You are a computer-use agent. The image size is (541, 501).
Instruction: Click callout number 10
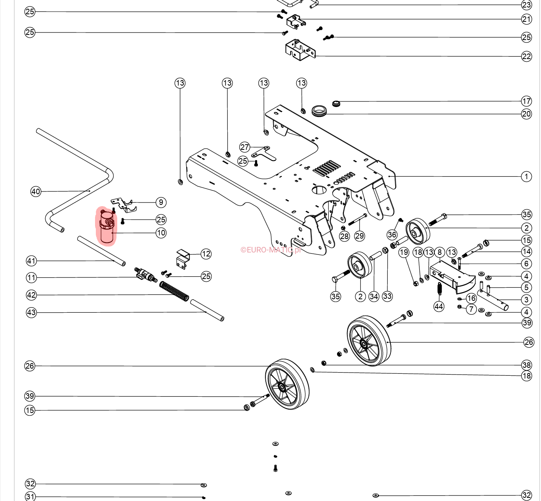[161, 233]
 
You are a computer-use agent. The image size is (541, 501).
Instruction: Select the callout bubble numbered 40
[36, 191]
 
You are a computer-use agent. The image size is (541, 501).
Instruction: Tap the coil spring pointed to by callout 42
[174, 291]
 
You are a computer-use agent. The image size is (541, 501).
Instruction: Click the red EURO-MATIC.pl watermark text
[270, 250]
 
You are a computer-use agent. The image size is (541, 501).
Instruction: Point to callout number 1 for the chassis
[526, 176]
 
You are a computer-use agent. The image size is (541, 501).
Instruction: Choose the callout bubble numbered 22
[526, 56]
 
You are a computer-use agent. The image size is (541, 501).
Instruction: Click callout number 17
[526, 101]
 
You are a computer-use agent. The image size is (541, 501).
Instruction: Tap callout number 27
[245, 147]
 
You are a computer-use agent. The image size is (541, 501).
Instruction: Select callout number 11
[32, 277]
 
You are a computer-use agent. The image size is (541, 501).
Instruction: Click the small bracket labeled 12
[183, 258]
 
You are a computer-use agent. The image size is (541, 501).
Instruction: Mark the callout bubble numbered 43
[31, 312]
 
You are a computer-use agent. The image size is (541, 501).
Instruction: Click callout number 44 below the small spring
[439, 306]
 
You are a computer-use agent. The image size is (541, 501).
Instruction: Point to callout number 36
[392, 235]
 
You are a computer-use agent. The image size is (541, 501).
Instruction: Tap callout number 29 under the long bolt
[359, 236]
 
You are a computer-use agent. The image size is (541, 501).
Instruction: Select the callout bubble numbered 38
[526, 365]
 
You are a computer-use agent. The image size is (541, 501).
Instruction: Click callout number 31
[30, 496]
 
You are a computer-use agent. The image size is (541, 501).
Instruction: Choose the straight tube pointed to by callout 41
[101, 251]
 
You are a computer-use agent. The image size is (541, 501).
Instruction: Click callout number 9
[161, 202]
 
